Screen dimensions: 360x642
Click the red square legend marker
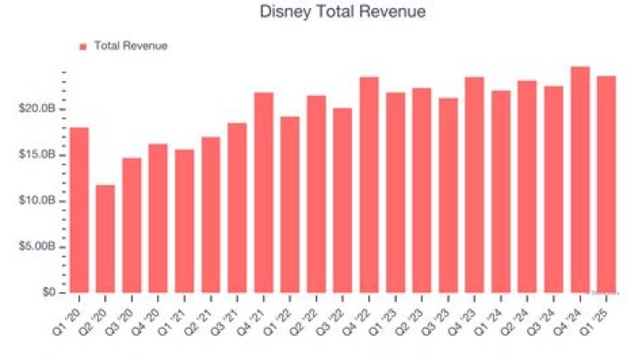point(83,46)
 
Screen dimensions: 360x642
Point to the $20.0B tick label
point(37,109)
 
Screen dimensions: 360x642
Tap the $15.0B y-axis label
point(37,155)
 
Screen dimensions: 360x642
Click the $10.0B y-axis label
point(37,201)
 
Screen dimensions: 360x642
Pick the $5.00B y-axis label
point(37,247)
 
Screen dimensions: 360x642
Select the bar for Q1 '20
point(79,210)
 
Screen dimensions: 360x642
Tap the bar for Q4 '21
point(264,192)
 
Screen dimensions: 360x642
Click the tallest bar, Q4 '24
point(580,179)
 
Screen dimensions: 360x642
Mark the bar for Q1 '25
point(606,184)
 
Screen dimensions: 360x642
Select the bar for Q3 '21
point(237,208)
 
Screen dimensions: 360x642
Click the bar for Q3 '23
point(449,195)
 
